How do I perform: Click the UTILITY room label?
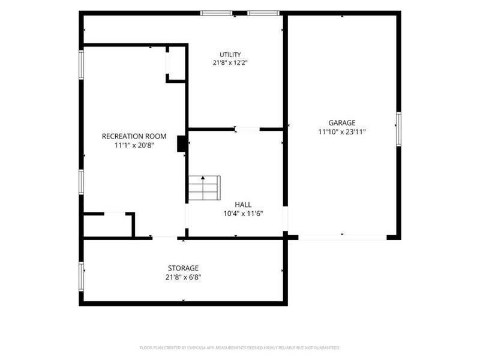coord(230,55)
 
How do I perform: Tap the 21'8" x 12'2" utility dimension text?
coord(230,63)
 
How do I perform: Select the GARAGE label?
coord(342,123)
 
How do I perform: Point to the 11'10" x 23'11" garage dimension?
coord(342,132)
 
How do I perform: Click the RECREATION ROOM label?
coord(134,136)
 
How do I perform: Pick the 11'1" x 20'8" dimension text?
coord(134,145)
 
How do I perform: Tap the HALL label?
coord(244,205)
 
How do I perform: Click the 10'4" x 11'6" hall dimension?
coord(244,214)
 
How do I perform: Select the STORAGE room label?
coord(184,268)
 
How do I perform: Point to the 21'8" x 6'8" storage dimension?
coord(184,277)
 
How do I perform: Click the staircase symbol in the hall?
coord(204,188)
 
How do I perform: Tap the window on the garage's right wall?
coord(398,129)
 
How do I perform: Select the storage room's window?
coord(81,277)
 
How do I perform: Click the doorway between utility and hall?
coord(247,129)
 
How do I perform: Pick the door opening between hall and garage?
coord(286,218)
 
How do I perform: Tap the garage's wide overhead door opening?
coord(342,237)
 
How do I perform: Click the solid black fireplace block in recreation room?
coord(182,143)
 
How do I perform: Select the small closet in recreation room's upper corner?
coord(176,64)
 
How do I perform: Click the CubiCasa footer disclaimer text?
coord(240,348)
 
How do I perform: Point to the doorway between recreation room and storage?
coord(164,238)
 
